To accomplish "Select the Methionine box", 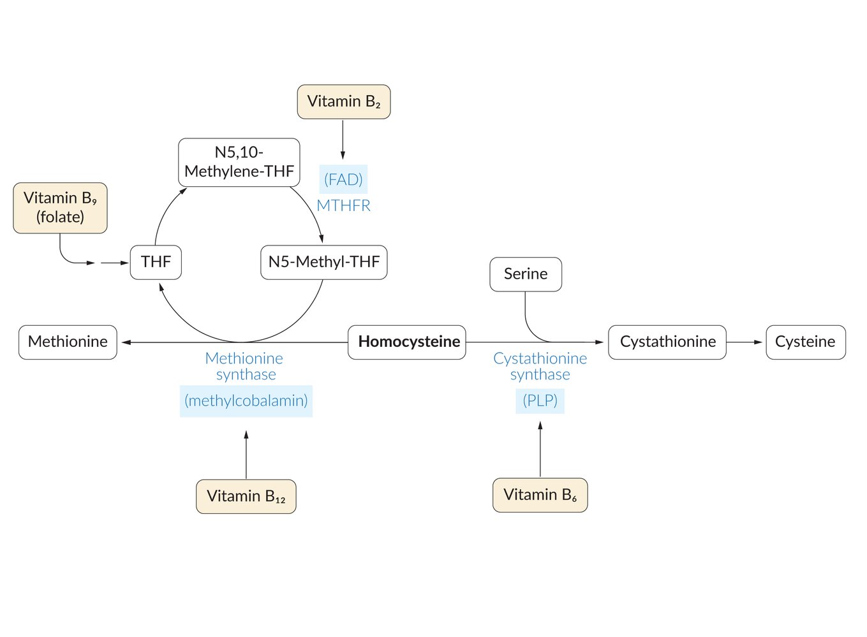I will coord(68,342).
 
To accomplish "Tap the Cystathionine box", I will coord(667,342).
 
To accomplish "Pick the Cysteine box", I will coord(805,342).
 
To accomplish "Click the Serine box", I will coord(526,274).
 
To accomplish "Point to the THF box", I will coord(156,262).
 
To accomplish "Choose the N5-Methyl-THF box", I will coord(323,262).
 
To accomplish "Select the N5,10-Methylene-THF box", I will coord(239,162).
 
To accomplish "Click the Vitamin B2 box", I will coord(344,102).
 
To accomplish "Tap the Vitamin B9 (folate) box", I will coord(60,208).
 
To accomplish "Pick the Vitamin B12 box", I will coord(246,496).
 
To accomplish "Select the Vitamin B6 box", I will coord(540,495).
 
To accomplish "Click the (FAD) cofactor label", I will coord(343,180).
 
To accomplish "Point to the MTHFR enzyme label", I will coord(343,205).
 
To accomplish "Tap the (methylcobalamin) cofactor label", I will coord(246,401).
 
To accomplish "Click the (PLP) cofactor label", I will coord(540,401).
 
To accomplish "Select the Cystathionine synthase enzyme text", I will coord(540,367).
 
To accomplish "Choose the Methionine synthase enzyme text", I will coord(245,367).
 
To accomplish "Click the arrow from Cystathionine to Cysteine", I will coord(745,342).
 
